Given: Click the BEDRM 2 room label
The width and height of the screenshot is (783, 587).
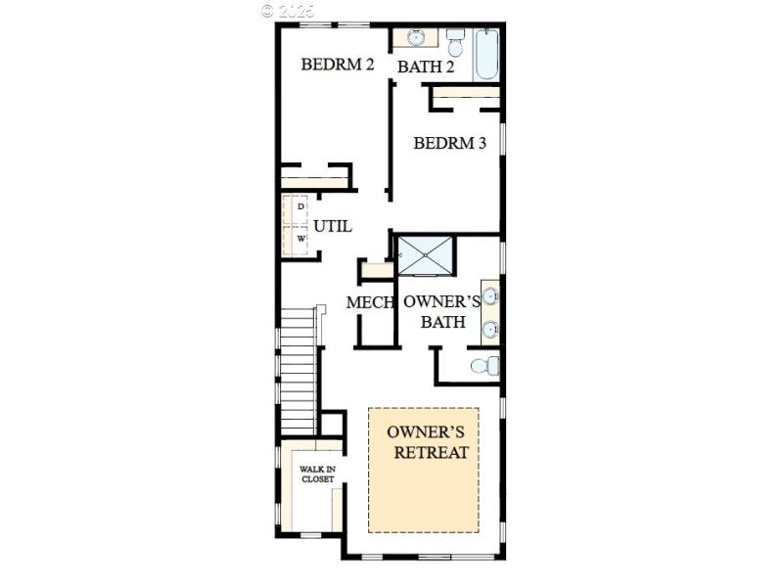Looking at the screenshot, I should pyautogui.click(x=338, y=66).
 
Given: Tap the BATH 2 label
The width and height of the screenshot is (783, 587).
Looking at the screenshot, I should pyautogui.click(x=426, y=68).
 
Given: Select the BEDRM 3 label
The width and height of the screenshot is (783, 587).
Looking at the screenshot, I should pyautogui.click(x=449, y=143).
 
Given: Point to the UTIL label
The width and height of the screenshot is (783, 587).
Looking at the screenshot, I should pyautogui.click(x=333, y=226).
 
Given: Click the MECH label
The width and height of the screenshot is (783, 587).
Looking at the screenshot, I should pyautogui.click(x=370, y=303).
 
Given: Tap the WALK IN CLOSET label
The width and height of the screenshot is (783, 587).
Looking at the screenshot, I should pyautogui.click(x=316, y=474).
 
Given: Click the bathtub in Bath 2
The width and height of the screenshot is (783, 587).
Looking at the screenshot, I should pyautogui.click(x=486, y=55).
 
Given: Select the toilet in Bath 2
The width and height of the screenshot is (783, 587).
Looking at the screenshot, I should pyautogui.click(x=455, y=44).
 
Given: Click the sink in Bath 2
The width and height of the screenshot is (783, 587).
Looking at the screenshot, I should pyautogui.click(x=417, y=38).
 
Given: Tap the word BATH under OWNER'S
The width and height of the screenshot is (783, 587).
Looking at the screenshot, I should pyautogui.click(x=442, y=322).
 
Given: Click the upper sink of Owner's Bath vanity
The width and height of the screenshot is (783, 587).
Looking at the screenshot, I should pyautogui.click(x=489, y=295).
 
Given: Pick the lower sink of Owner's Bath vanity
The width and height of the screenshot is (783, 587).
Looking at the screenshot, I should pyautogui.click(x=489, y=329).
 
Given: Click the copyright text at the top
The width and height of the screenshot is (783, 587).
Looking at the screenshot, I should pyautogui.click(x=290, y=11).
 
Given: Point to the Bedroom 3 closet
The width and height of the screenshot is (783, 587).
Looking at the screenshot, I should pyautogui.click(x=466, y=95).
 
